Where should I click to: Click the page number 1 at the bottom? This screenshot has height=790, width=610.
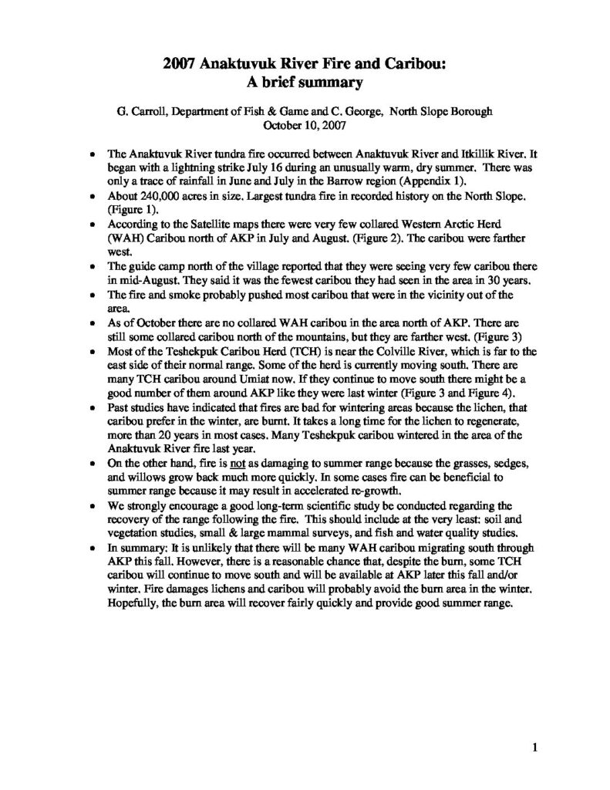534,746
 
